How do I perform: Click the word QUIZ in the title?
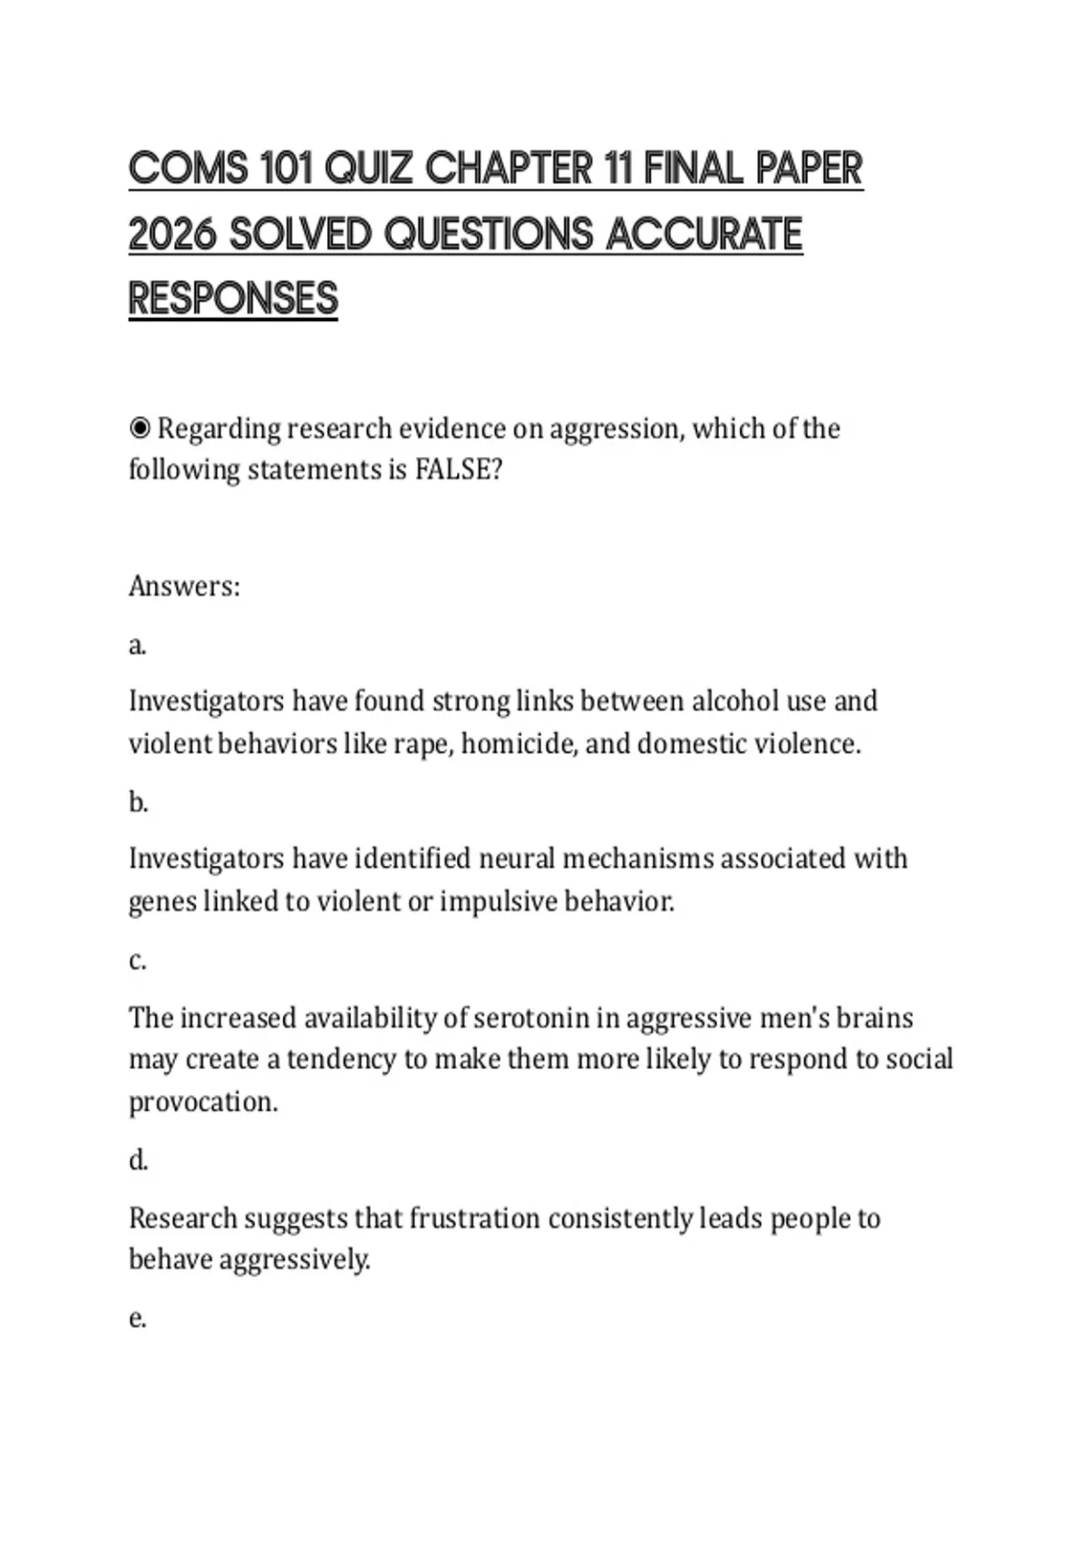tap(368, 170)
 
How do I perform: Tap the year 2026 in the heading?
tap(172, 235)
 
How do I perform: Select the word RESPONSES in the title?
tap(233, 299)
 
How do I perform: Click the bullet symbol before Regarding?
tap(140, 428)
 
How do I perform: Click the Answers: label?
tap(184, 586)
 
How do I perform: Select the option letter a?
tap(137, 645)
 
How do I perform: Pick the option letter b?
tap(138, 802)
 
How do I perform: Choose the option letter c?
tap(137, 960)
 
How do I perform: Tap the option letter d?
tap(138, 1160)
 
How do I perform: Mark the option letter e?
tap(137, 1318)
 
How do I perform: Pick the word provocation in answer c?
tap(203, 1102)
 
